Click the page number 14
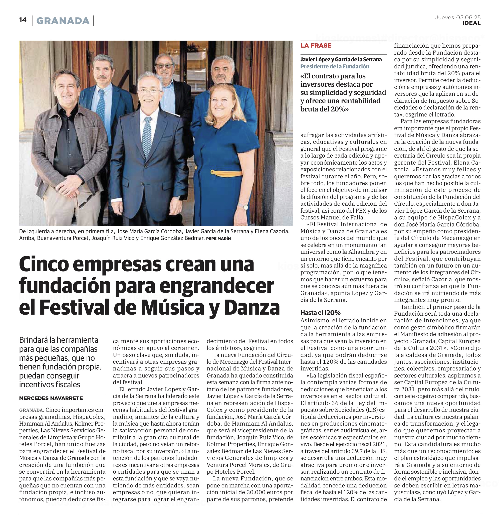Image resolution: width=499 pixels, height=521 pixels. click(23, 20)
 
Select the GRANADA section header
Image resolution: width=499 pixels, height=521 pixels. click(63, 21)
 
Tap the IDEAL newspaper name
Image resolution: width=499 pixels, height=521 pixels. click(471, 23)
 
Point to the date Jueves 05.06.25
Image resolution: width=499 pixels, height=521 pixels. click(457, 18)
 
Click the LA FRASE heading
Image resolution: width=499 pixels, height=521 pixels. click(316, 45)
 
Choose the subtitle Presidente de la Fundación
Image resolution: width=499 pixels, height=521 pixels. click(335, 66)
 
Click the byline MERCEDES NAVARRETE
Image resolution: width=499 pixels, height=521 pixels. click(51, 398)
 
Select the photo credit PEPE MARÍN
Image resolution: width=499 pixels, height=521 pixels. click(218, 239)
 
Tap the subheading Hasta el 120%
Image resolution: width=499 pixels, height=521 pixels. click(320, 313)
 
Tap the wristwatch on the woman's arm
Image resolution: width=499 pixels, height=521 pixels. click(246, 207)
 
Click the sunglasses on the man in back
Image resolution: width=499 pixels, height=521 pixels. click(164, 65)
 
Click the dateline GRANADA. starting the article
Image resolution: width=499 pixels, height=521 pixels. click(31, 410)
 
